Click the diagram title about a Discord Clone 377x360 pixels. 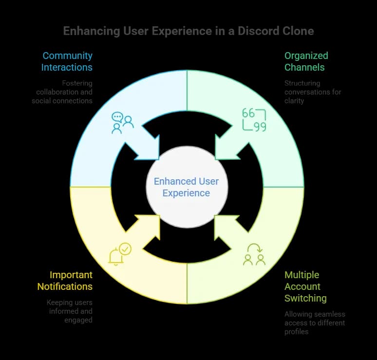188,31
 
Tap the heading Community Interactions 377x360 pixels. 67,61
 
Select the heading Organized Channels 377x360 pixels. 306,61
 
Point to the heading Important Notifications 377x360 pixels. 65,280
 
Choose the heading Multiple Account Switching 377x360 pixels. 305,286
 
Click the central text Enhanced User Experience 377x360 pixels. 187,187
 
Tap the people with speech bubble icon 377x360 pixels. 122,122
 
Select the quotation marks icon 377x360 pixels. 254,120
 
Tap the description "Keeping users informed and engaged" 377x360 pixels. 70,311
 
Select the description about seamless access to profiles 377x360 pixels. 315,323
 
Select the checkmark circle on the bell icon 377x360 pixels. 125,249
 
